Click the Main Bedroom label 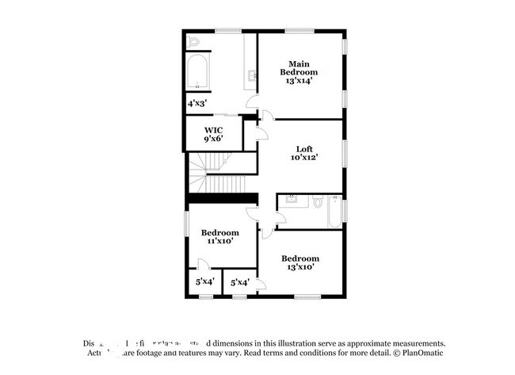(x=298, y=68)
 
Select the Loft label (x=305, y=148)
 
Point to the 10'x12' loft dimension (x=305, y=159)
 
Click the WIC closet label (x=213, y=129)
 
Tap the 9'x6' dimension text (x=213, y=139)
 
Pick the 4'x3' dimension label (x=196, y=103)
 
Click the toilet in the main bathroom (x=194, y=41)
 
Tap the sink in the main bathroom (x=253, y=76)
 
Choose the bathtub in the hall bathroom (x=335, y=212)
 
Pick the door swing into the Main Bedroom (x=253, y=102)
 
